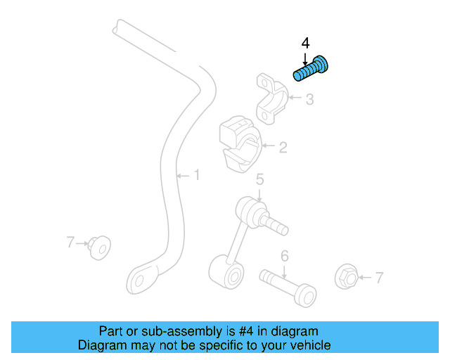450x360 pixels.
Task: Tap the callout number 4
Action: [305, 44]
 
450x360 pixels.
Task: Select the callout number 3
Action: [310, 100]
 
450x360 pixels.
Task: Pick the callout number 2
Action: [283, 148]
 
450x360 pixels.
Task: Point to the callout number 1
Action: [197, 174]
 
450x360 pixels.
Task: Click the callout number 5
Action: [259, 181]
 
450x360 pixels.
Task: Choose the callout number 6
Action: [285, 255]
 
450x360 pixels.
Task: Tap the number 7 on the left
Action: [70, 243]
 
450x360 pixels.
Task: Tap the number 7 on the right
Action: [379, 278]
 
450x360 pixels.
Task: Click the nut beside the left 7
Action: [98, 246]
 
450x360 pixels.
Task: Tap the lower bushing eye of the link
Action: [226, 271]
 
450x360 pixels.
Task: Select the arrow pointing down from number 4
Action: [305, 57]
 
